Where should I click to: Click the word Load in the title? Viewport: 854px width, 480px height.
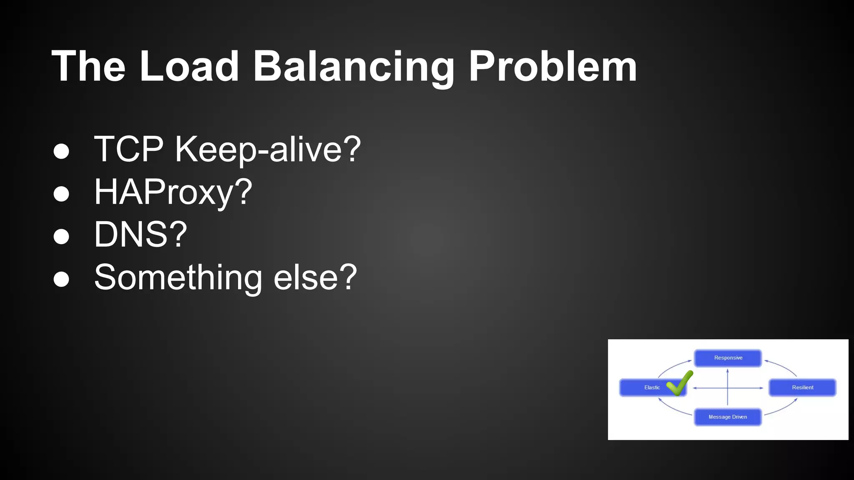click(189, 66)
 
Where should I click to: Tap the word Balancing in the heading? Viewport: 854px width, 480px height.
click(353, 66)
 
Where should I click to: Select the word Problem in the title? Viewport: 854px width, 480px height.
click(553, 66)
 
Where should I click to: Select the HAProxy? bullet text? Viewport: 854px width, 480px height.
click(173, 192)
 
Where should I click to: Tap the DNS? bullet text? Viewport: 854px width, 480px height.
click(141, 235)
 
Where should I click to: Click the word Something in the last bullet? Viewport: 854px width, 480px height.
click(178, 277)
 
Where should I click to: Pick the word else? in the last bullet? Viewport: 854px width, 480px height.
click(315, 277)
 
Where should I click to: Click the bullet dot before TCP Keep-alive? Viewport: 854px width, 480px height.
click(61, 151)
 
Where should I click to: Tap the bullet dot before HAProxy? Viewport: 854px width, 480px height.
click(61, 194)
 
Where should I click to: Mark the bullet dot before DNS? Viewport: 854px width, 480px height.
click(61, 236)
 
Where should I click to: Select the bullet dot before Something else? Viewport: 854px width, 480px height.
click(61, 279)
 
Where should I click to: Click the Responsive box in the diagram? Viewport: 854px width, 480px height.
click(728, 358)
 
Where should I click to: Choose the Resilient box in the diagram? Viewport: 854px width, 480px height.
click(802, 387)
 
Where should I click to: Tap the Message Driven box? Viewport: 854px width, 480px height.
click(728, 417)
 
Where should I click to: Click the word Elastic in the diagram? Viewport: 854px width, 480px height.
click(652, 387)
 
